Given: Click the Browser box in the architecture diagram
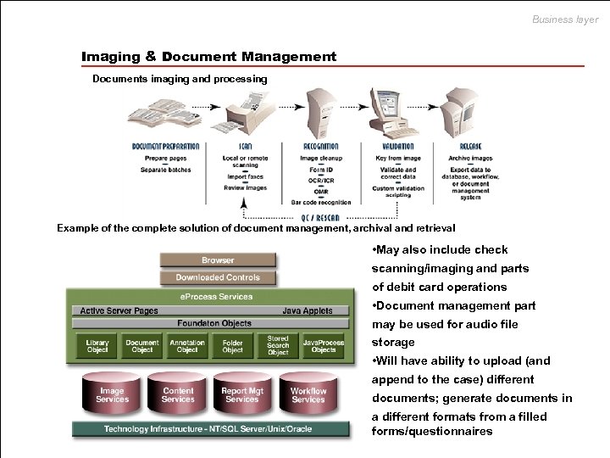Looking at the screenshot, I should [218, 260].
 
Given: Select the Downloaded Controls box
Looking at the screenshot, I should [218, 277].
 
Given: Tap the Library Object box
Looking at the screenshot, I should [97, 346].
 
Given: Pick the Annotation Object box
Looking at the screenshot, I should [187, 346].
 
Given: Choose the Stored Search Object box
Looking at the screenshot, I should [278, 345].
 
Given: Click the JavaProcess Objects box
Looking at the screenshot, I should [324, 346].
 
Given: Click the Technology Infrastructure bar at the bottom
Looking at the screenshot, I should [208, 429].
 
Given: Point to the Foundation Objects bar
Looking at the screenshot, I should [215, 323].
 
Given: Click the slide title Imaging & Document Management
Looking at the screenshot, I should [208, 57].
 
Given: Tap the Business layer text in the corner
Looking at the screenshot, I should [565, 20].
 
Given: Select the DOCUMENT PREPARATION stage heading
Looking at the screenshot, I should [166, 147].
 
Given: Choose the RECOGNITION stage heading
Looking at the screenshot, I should [320, 147].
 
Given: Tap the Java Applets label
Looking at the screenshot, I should [308, 310].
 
